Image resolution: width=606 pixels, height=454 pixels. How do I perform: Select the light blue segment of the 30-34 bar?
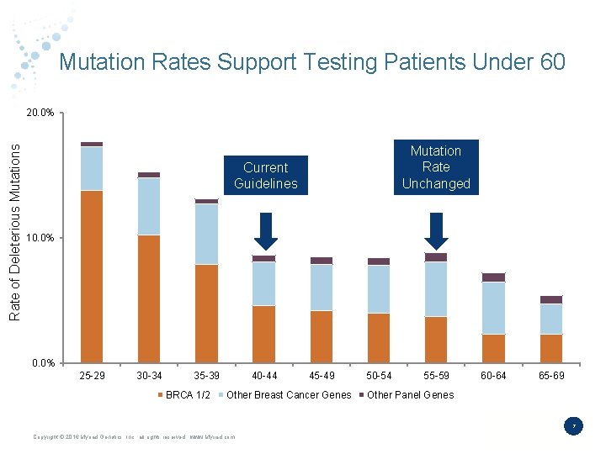[149, 206]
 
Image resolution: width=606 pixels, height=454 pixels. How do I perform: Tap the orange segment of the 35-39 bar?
[206, 313]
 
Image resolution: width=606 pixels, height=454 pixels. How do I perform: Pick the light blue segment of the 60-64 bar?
[493, 308]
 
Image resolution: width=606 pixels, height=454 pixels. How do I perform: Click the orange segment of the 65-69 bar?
[551, 348]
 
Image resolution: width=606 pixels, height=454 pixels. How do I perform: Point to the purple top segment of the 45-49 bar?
[322, 261]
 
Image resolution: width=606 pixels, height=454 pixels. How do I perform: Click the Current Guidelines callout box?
[265, 175]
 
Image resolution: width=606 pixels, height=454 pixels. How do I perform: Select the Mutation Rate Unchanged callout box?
[435, 166]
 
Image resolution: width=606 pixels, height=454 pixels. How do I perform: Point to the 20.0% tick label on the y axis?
[40, 113]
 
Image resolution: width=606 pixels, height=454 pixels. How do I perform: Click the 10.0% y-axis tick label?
[40, 238]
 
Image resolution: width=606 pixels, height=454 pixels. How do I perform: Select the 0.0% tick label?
[42, 363]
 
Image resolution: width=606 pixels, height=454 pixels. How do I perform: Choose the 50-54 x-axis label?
[379, 376]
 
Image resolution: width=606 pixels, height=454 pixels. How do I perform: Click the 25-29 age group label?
[92, 376]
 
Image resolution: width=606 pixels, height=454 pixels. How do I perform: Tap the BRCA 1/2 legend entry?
[187, 395]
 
